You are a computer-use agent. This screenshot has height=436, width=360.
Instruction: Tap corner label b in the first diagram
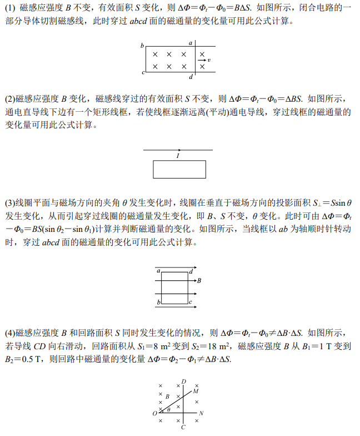(x=142, y=44)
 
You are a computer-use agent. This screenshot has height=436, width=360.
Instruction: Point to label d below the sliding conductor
(x=191, y=77)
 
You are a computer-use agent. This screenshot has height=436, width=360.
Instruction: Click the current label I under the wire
(x=178, y=156)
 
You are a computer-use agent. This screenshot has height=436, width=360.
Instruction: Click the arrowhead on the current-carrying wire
(x=179, y=150)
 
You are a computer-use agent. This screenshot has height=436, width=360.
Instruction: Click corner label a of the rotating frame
(x=159, y=270)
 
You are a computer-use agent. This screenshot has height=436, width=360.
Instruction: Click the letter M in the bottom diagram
(x=196, y=392)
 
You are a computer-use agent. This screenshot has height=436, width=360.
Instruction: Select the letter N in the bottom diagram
(x=201, y=413)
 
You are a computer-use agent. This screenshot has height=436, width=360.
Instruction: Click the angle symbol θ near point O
(x=169, y=409)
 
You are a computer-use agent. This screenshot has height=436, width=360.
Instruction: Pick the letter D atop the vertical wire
(x=184, y=381)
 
